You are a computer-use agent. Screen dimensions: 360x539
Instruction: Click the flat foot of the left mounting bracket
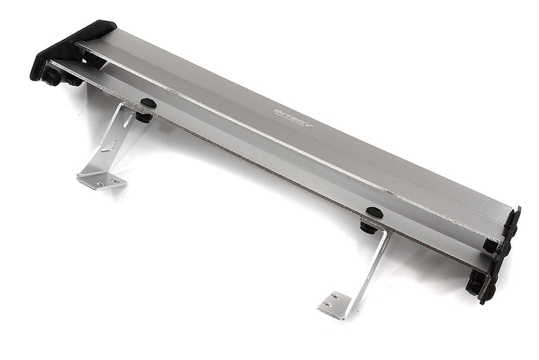tap(100, 179)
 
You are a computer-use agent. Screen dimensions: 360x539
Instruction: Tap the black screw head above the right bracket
tap(374, 212)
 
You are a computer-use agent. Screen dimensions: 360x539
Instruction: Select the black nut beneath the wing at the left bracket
tap(144, 117)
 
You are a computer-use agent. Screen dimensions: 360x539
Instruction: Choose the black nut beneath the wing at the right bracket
tap(369, 227)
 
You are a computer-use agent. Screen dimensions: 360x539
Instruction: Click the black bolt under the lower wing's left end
tap(52, 78)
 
